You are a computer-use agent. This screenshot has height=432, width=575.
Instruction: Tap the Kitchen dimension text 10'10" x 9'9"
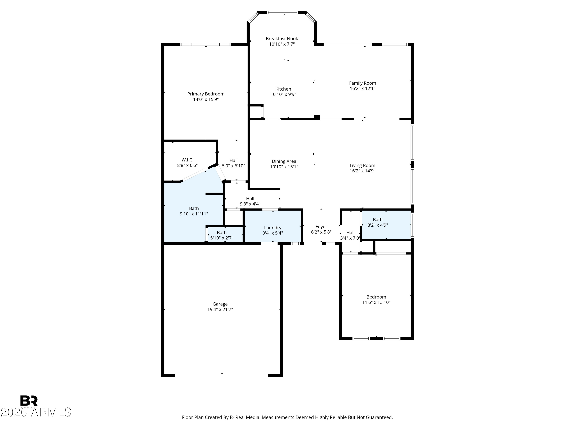(x=283, y=94)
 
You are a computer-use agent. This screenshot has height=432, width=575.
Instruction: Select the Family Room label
(x=362, y=83)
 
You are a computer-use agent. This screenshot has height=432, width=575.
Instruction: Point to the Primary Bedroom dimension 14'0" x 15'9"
(x=206, y=99)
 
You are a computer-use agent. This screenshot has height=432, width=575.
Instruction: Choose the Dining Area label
(x=284, y=161)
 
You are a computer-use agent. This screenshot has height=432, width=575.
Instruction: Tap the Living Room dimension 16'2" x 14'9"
(x=362, y=171)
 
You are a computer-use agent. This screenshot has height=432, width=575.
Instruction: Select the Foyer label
(x=321, y=227)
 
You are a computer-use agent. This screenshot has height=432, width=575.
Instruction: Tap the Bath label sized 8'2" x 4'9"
(x=378, y=219)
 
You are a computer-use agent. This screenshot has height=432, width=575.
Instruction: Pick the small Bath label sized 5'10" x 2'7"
(x=222, y=233)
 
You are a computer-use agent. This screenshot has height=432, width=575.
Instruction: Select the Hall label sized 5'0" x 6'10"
(x=233, y=160)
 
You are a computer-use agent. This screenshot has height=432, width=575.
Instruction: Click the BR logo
(x=29, y=401)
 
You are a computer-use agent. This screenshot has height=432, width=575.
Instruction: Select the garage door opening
(x=222, y=376)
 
